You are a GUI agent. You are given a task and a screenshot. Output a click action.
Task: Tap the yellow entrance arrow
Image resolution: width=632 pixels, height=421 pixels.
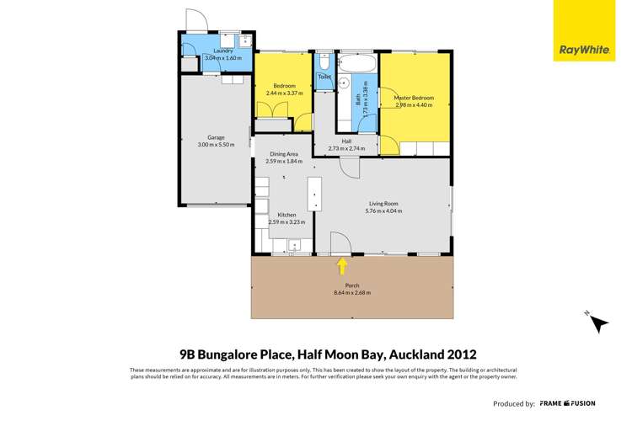342,266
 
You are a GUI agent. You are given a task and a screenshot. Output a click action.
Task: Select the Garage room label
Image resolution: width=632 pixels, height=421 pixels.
217,137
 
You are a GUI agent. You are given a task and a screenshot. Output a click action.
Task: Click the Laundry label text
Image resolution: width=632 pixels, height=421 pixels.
223,51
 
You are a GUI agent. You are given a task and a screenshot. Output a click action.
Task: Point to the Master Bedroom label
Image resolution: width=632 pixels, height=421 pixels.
413,98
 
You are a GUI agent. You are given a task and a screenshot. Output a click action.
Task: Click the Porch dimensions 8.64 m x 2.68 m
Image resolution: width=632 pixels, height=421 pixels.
352,293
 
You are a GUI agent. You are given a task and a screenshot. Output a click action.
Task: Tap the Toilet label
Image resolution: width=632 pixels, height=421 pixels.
324,77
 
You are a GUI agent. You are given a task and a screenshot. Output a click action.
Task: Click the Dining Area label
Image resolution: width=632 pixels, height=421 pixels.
284,154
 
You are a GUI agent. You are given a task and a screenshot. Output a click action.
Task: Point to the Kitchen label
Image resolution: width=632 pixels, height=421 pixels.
287,215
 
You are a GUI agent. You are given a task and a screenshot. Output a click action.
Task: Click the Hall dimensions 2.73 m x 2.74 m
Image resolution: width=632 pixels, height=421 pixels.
345,149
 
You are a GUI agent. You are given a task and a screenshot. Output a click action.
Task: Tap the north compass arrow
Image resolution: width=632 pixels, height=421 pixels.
598,322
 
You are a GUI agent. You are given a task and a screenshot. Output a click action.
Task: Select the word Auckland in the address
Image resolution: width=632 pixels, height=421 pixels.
415,354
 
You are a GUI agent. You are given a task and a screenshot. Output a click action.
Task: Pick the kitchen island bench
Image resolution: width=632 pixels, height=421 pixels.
315,194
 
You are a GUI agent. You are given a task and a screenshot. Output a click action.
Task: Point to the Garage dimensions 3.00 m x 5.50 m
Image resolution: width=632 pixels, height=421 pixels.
217,145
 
